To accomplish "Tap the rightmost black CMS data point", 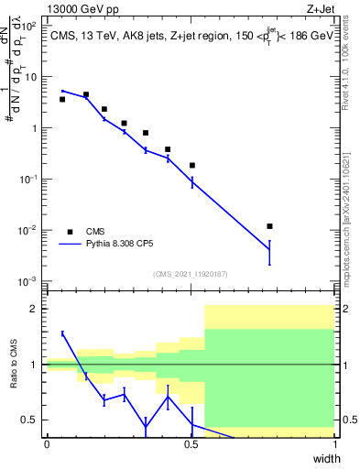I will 269,226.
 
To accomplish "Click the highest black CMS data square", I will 86,94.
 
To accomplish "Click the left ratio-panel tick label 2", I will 34,309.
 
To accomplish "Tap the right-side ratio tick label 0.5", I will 348,420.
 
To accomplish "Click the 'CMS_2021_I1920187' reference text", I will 191,274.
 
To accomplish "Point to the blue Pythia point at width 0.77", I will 269,249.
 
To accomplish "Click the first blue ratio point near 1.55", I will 63,333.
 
